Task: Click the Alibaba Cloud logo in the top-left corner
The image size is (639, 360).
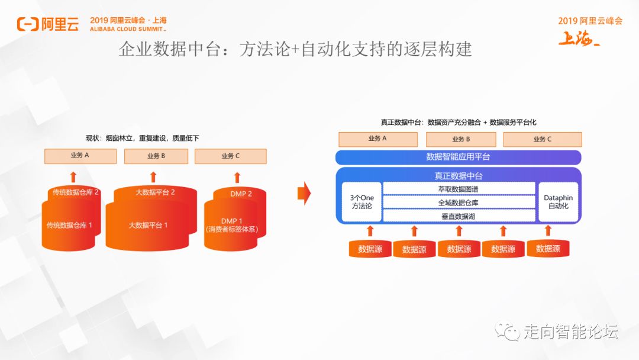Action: (x=47, y=24)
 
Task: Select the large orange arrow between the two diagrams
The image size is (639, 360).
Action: (x=304, y=192)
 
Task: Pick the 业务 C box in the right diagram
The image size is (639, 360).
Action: (x=542, y=139)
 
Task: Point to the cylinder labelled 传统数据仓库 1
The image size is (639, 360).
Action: (x=69, y=226)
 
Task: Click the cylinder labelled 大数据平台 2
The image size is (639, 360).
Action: (x=155, y=192)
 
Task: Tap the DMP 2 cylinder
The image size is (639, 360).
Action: (x=241, y=194)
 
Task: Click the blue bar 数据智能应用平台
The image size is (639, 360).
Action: (x=458, y=157)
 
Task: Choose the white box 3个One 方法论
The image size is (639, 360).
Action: (x=362, y=202)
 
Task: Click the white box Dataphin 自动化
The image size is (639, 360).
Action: (x=558, y=202)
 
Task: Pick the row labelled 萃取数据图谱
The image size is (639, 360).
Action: (x=459, y=189)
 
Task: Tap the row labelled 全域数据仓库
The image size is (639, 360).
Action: (x=459, y=202)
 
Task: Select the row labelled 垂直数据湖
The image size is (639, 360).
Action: (x=459, y=216)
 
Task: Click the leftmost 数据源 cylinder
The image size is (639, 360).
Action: (x=370, y=249)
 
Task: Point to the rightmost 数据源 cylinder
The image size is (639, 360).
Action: (x=548, y=249)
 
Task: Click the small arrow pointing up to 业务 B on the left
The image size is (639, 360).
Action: (x=153, y=176)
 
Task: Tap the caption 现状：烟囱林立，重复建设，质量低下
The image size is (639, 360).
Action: (x=143, y=138)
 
